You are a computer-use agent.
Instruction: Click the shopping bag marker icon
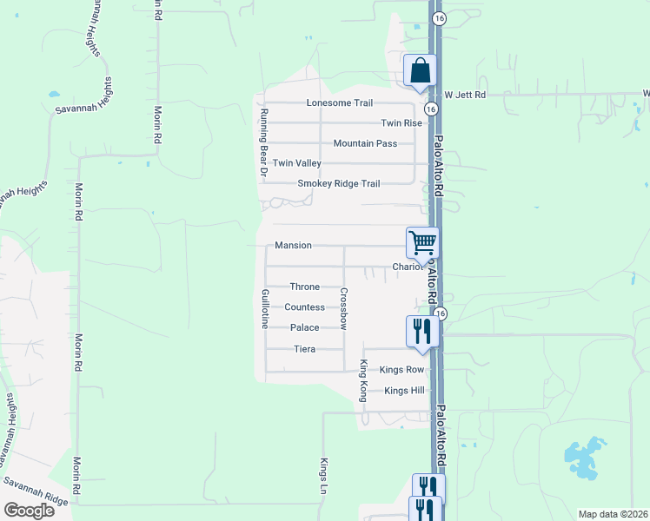419,69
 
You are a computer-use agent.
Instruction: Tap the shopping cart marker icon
422,242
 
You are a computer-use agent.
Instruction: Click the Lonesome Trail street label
340,103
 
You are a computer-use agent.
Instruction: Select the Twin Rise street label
401,123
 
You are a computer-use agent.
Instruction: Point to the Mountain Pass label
365,143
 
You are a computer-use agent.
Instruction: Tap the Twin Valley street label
297,163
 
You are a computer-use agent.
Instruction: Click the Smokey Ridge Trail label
339,184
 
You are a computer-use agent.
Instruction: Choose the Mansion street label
293,246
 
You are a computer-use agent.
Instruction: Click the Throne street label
305,287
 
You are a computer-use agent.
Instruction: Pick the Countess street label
305,307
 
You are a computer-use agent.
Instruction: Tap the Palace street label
305,328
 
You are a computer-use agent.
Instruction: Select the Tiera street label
305,349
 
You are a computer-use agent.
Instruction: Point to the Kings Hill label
404,391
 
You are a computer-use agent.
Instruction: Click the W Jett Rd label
465,94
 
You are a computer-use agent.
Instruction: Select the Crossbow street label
344,308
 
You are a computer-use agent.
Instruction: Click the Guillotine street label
264,308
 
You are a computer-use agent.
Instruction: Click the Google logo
29,511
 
